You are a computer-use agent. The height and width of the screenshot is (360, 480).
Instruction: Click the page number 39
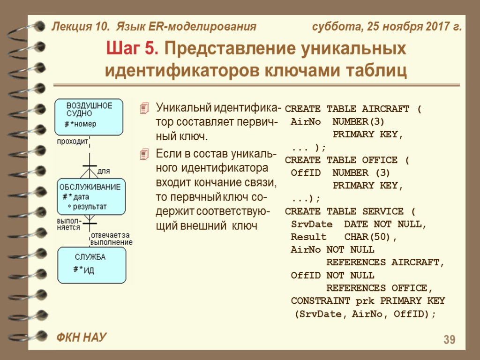[x=449, y=340]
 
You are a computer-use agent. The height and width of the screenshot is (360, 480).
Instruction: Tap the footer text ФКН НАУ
[x=81, y=337]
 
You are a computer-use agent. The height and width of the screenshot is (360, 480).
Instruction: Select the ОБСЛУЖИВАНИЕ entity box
[x=92, y=196]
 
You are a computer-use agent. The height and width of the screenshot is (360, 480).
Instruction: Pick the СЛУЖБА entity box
[x=92, y=265]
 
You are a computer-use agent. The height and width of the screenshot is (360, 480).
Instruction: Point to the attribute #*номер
[x=80, y=124]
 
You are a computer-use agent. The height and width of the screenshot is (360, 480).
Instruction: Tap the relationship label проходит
[x=72, y=141]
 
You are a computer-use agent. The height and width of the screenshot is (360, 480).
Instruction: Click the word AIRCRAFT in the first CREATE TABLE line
[x=386, y=109]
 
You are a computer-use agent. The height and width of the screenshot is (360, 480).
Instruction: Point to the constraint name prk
[x=365, y=301]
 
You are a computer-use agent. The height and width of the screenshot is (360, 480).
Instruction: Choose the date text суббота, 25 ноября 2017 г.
[x=387, y=27]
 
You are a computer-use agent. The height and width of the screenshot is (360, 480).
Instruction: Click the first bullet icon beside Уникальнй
[x=145, y=109]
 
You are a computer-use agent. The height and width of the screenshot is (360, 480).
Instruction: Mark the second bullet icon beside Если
[x=145, y=154]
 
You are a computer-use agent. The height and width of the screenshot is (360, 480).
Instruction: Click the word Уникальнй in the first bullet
[x=184, y=108]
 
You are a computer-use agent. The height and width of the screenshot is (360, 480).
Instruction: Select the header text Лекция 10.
[x=79, y=27]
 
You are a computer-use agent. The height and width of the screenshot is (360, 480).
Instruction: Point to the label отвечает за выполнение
[x=111, y=238]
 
